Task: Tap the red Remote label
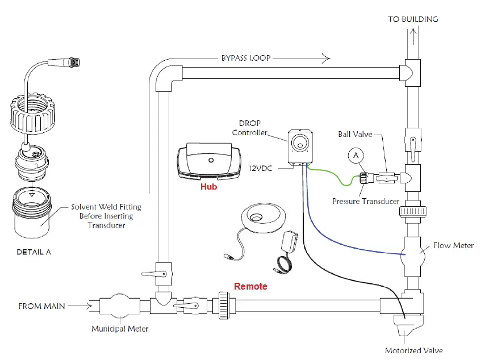[250, 286]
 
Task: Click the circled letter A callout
[356, 155]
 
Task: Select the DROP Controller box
[299, 146]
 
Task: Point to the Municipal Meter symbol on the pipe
[120, 307]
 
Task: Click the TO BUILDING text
[413, 19]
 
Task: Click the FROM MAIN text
[42, 306]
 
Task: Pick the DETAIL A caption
[33, 252]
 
